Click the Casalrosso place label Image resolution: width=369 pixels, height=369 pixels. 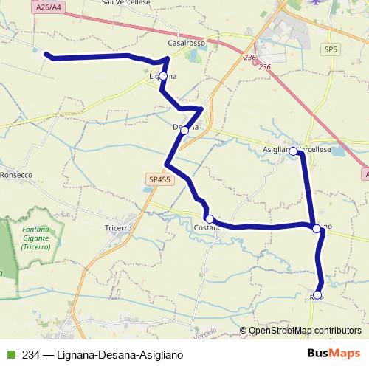tap(186, 44)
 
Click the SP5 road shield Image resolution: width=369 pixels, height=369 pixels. tap(330, 49)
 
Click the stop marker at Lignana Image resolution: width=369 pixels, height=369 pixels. tap(163, 76)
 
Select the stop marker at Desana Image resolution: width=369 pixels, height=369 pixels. tap(184, 131)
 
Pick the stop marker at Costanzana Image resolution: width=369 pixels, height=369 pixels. tap(210, 219)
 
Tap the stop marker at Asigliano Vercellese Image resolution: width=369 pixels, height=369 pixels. tap(293, 151)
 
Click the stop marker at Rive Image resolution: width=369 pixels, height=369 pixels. tap(317, 295)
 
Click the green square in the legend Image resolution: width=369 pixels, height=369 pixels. tap(10, 354)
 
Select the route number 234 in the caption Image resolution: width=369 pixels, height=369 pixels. tap(31, 354)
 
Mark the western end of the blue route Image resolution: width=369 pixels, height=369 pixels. tap(47, 54)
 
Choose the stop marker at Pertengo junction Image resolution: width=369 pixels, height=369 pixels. tap(317, 229)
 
